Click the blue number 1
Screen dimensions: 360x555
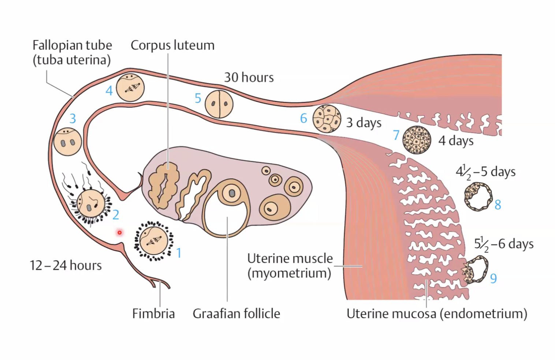[179, 253]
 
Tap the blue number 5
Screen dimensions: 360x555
[198, 98]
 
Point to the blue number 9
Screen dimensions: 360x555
[493, 278]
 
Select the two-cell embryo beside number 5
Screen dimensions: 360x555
[219, 104]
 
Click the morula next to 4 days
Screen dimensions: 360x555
[417, 140]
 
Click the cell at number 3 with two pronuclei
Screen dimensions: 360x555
[67, 142]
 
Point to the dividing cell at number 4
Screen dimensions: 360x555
[130, 87]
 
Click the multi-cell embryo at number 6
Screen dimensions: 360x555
[327, 119]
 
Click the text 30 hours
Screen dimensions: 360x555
[249, 78]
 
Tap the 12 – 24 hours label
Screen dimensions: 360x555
[66, 265]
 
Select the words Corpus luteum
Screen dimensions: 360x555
[172, 45]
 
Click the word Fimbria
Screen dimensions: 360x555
[153, 314]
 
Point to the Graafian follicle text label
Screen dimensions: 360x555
[236, 314]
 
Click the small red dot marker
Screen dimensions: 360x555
[120, 232]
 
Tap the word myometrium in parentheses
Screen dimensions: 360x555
[289, 273]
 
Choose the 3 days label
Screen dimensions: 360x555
[364, 123]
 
